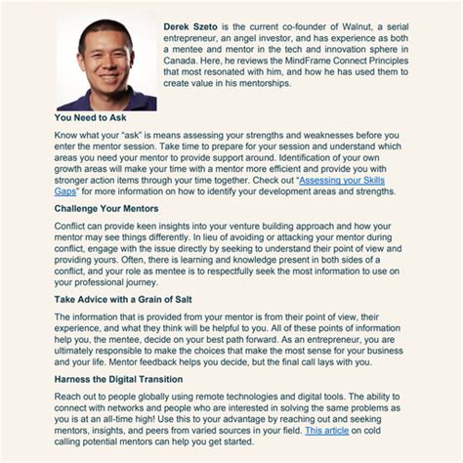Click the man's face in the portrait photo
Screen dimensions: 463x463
(x=102, y=55)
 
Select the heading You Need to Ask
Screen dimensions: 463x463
(x=95, y=117)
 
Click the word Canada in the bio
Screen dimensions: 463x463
(x=175, y=57)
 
